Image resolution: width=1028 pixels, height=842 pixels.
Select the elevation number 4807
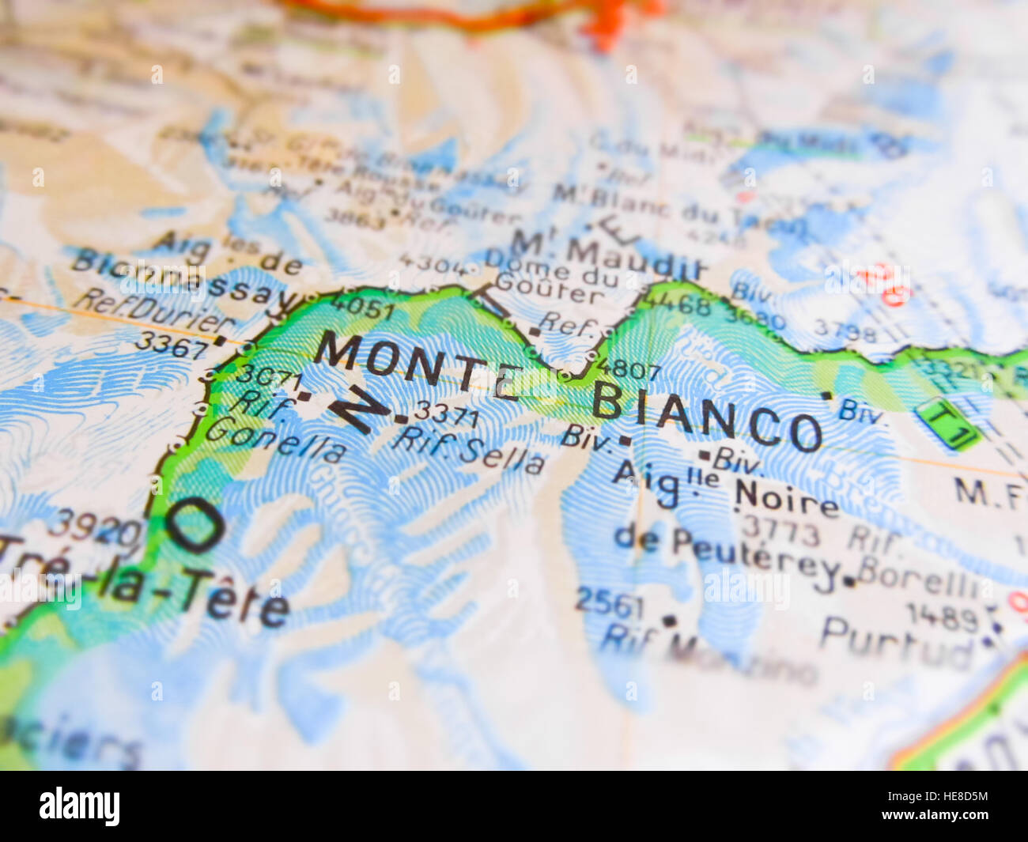pos(616,368)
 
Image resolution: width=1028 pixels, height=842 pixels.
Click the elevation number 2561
pos(610,603)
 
